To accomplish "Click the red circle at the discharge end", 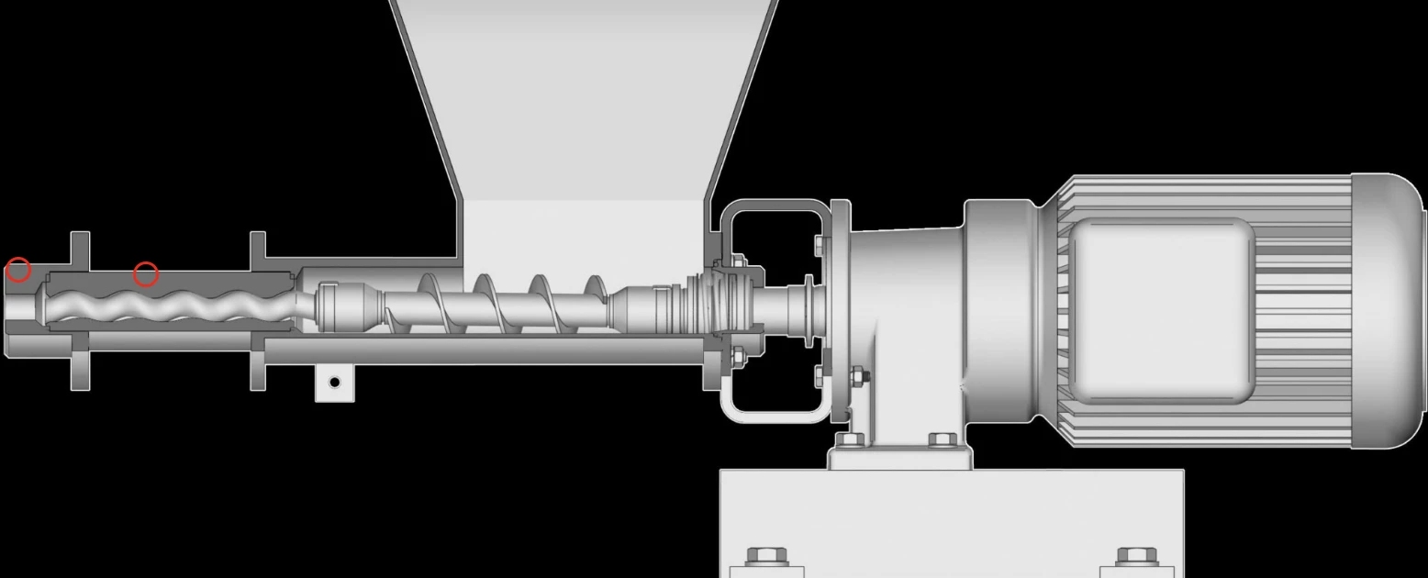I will pyautogui.click(x=18, y=271).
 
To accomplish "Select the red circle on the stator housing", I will pyautogui.click(x=146, y=274).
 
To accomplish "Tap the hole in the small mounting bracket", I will pyautogui.click(x=335, y=382).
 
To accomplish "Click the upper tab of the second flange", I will pyautogui.click(x=258, y=247).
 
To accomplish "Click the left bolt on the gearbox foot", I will pyautogui.click(x=849, y=440).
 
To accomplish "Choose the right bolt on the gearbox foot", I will pyautogui.click(x=943, y=440).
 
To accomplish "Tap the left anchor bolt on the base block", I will pyautogui.click(x=766, y=557).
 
